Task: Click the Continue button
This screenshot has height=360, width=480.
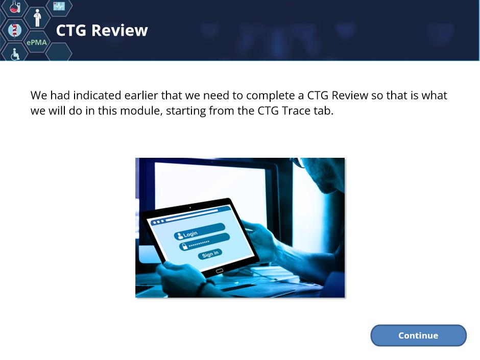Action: click(418, 335)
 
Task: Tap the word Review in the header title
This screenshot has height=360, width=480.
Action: click(119, 30)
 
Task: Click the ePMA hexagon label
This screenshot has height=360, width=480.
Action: click(37, 42)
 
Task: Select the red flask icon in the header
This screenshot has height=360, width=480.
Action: click(15, 7)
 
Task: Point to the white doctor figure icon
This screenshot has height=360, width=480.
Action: click(37, 18)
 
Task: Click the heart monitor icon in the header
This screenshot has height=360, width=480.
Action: click(59, 6)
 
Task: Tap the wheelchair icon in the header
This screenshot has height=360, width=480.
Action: click(15, 54)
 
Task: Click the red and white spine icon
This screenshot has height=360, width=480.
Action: click(14, 30)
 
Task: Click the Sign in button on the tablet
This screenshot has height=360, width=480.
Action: click(210, 254)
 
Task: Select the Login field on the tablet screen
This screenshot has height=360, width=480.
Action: click(199, 231)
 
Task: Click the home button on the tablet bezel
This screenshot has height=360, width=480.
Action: click(220, 271)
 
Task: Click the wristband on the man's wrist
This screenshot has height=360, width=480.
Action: click(203, 287)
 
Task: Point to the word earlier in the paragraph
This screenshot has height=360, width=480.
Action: click(141, 95)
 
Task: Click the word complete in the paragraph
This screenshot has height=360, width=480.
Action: click(270, 95)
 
